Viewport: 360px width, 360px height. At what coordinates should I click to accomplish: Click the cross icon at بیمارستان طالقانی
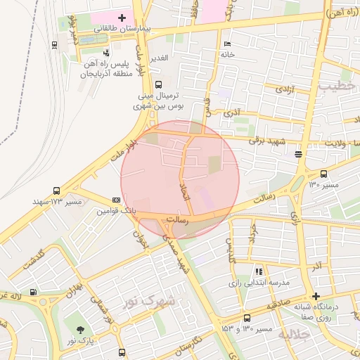click(122, 17)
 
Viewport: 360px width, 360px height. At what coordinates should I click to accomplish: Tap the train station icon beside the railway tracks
click(55, 44)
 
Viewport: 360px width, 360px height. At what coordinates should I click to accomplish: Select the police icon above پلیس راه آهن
click(105, 53)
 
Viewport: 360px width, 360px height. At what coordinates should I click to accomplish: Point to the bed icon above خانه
click(226, 44)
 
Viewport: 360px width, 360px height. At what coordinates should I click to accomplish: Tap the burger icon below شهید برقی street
click(299, 153)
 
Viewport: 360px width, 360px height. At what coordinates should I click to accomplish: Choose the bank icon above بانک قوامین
click(116, 200)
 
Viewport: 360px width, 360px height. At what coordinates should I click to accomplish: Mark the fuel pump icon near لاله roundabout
click(34, 292)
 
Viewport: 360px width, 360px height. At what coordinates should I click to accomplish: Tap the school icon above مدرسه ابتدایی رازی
click(259, 271)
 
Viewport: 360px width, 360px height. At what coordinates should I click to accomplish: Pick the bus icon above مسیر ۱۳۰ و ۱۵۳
click(247, 318)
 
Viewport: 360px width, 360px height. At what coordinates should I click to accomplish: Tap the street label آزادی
click(283, 90)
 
